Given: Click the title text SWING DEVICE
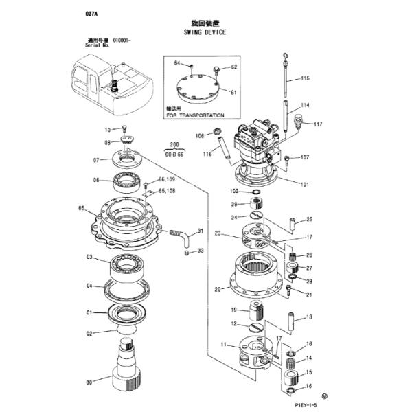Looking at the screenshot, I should [x=205, y=32].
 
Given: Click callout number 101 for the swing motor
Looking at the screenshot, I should [x=305, y=183].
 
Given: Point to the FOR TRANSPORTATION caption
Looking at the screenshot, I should [x=195, y=115].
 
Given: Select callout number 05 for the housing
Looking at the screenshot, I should [x=81, y=209].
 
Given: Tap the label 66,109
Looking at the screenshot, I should [x=167, y=179].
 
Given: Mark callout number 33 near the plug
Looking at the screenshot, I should [x=201, y=251].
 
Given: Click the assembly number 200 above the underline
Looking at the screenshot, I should [x=174, y=146].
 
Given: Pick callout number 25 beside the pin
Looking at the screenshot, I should [x=309, y=220].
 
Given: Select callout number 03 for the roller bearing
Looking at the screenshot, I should [x=89, y=257].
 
